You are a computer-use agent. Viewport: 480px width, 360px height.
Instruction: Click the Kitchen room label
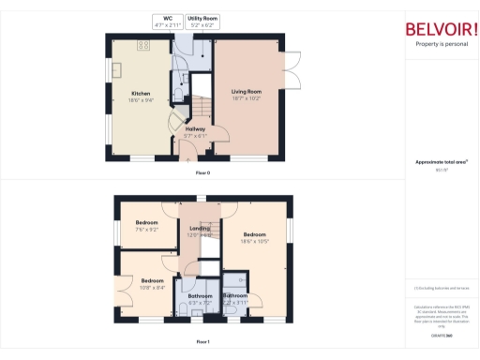pyautogui.click(x=141, y=95)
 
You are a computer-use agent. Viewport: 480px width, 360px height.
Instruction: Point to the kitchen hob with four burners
pyautogui.click(x=145, y=45)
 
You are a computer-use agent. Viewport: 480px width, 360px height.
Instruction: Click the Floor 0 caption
pyautogui.click(x=202, y=173)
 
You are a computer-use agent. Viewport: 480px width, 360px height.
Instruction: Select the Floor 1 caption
pyautogui.click(x=202, y=342)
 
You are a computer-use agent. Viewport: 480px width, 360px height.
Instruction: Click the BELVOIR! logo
pyautogui.click(x=440, y=27)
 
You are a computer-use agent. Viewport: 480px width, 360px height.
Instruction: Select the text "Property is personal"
pyautogui.click(x=440, y=44)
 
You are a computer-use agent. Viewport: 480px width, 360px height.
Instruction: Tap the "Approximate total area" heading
pyautogui.click(x=441, y=162)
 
